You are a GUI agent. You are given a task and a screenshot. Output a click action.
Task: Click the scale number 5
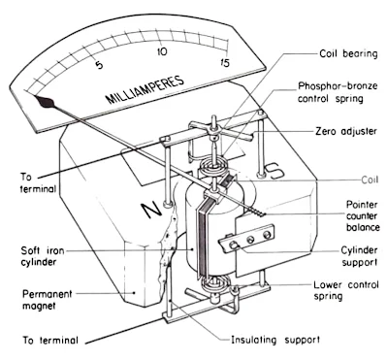[x=99, y=64]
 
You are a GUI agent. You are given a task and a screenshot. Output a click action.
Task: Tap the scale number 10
[x=162, y=51]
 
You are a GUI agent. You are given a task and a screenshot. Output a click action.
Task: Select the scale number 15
[x=224, y=62]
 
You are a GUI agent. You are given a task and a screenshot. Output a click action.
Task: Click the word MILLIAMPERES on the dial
[x=145, y=89]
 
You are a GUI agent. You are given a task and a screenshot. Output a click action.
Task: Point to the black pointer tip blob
[x=45, y=102]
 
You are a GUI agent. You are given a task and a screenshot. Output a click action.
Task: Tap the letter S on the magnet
[x=274, y=172]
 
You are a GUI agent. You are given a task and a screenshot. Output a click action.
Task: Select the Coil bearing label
[x=348, y=53]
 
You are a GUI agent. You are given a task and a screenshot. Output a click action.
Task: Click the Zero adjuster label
[x=346, y=131]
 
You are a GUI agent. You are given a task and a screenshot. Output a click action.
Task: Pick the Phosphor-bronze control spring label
[x=338, y=92]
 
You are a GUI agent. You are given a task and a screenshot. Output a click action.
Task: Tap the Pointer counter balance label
[x=363, y=215]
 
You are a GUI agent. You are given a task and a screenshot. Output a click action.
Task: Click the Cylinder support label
[x=359, y=256]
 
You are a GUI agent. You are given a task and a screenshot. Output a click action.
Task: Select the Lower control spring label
[x=346, y=290]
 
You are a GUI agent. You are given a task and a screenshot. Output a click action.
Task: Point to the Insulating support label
[x=275, y=340]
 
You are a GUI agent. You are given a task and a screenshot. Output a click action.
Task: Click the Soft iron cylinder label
[x=43, y=256]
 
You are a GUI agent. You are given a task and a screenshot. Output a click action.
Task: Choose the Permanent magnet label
[x=48, y=300]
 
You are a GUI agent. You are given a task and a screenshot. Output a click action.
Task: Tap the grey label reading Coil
[x=370, y=180]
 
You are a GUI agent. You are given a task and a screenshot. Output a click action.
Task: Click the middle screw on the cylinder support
[x=250, y=240]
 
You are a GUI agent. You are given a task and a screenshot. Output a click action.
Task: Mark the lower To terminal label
[x=50, y=341]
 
